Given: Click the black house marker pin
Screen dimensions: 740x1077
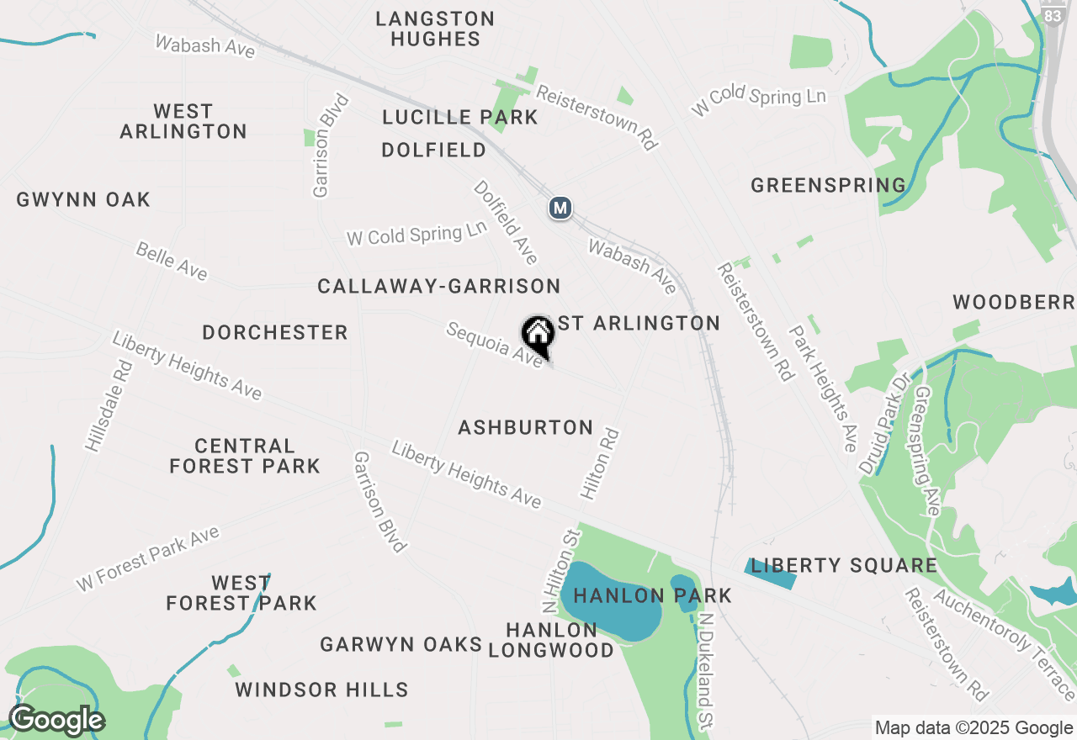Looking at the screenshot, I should [538, 336].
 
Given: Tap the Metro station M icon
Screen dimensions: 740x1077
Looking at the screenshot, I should [560, 208].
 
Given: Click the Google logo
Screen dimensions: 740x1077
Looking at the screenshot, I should [56, 720].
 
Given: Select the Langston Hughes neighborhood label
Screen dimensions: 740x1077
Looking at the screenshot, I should [435, 29].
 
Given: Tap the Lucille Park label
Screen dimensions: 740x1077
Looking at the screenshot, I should [459, 117].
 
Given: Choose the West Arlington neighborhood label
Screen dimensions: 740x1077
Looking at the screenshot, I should [183, 121].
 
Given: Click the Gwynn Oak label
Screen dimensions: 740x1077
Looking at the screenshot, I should [83, 199].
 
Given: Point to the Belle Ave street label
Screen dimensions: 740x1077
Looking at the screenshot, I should [172, 261].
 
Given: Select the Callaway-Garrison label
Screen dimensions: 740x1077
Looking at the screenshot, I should [438, 286].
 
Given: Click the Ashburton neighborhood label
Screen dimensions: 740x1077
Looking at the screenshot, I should [526, 427].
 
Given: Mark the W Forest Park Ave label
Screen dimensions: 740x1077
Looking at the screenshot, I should [148, 558].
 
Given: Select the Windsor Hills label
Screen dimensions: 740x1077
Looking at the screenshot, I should [321, 690].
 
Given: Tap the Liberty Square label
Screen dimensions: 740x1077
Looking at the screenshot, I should [844, 565].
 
